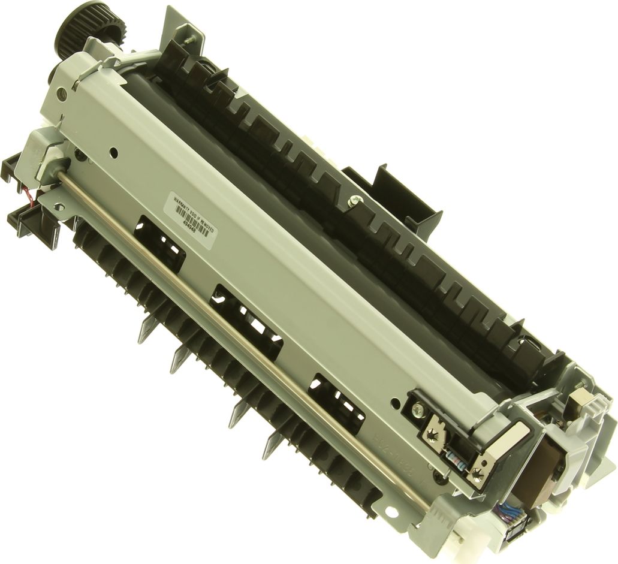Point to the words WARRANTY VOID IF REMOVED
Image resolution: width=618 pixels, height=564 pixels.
tap(198, 207)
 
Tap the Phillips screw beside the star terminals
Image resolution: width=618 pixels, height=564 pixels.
tap(418, 410)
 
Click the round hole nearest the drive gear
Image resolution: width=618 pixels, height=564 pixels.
tap(62, 93)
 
